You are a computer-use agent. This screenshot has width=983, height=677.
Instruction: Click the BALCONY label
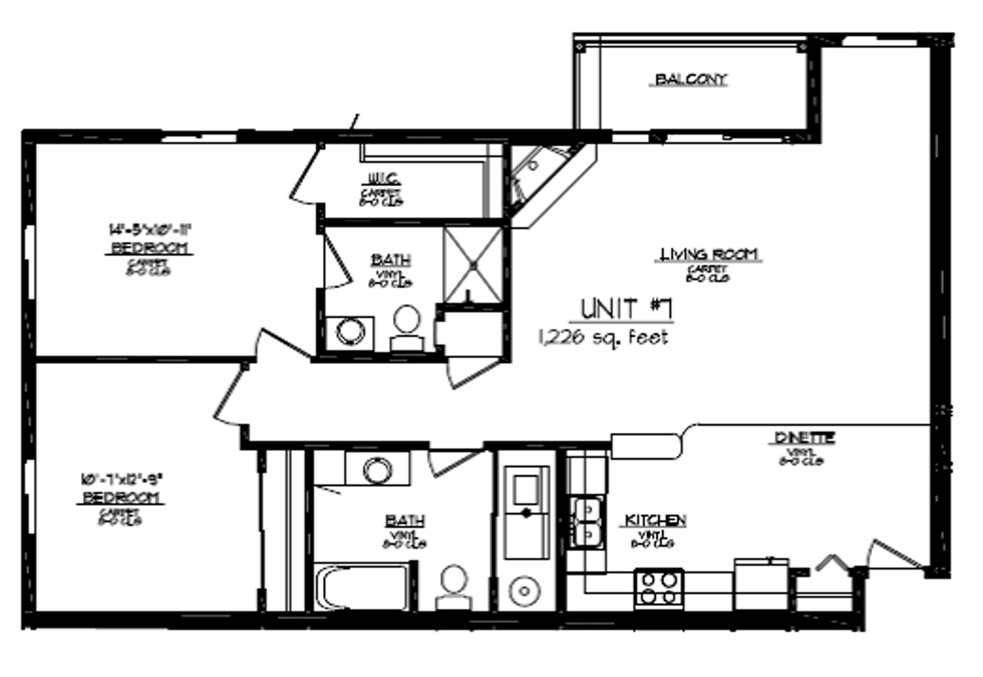click(691, 80)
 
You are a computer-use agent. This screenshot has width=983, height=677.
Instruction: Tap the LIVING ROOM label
click(709, 254)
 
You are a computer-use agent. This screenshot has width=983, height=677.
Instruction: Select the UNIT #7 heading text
click(626, 308)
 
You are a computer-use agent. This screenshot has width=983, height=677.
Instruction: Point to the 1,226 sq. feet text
click(603, 337)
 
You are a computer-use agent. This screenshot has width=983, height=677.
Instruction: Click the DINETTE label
click(804, 438)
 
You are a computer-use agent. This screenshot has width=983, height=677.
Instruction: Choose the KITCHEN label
click(655, 520)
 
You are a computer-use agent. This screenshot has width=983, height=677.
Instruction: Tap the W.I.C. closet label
click(381, 178)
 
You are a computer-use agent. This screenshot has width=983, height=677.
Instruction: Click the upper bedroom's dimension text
click(149, 229)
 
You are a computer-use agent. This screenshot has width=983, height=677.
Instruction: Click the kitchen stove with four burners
click(658, 587)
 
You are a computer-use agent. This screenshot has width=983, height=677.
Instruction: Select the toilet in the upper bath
click(407, 326)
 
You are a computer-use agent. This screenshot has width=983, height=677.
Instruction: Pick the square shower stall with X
click(474, 265)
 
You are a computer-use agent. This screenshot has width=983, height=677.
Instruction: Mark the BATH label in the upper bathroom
click(391, 260)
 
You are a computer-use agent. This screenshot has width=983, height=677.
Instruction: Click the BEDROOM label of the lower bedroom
click(123, 498)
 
